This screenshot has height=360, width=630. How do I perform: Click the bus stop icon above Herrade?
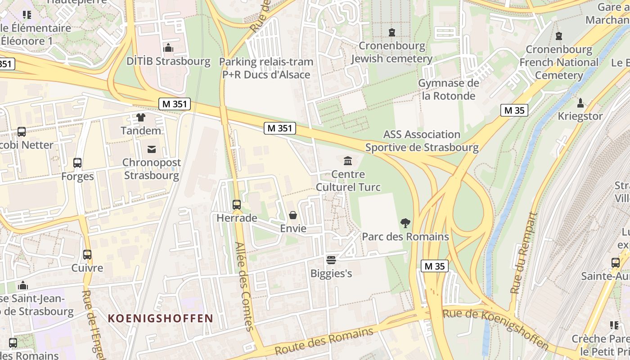237,205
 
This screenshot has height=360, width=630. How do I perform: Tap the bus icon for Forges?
77,163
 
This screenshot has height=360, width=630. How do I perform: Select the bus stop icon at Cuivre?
87,255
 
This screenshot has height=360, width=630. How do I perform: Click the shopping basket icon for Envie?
293,216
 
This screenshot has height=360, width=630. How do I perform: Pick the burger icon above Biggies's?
331,260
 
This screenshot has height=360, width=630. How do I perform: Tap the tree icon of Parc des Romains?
405,223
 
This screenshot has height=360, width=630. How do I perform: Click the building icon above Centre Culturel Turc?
348,161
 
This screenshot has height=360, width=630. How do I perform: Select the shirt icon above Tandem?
141,117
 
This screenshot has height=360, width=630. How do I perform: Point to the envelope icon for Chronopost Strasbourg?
152,149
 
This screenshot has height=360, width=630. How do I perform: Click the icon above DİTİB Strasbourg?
168,48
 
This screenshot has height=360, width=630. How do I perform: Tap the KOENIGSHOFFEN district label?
160,319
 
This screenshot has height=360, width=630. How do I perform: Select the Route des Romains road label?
324,342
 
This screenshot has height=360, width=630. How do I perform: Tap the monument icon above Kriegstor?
580,103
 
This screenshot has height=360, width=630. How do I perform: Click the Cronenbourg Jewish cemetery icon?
392,32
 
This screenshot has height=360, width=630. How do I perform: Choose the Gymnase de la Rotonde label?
449,90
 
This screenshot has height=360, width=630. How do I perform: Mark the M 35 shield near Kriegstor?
514,110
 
